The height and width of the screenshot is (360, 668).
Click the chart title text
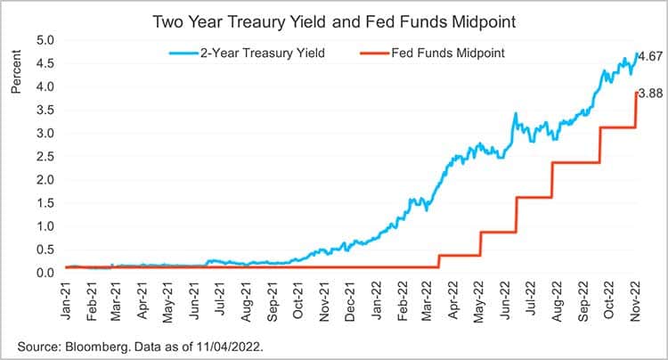coord(334,19)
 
